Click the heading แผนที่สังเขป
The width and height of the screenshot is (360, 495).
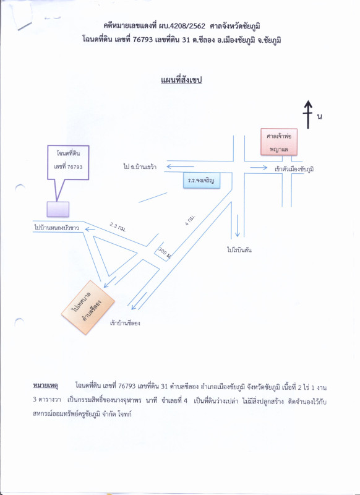pyautogui.click(x=181, y=80)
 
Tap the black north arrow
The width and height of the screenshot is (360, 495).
pyautogui.click(x=308, y=114)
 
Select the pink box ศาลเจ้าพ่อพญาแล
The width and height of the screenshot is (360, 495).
pyautogui.click(x=279, y=142)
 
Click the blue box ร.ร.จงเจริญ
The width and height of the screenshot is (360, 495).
pyautogui.click(x=202, y=181)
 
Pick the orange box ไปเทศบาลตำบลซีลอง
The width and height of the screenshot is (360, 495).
pyautogui.click(x=88, y=307)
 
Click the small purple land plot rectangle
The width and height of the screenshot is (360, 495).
pyautogui.click(x=58, y=209)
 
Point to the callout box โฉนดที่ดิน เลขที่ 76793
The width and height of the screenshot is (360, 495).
pyautogui.click(x=68, y=163)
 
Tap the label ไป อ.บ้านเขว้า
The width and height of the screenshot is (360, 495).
pyautogui.click(x=140, y=166)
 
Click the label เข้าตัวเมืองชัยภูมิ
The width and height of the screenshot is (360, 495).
pyautogui.click(x=294, y=169)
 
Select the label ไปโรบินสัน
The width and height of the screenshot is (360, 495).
pyautogui.click(x=239, y=250)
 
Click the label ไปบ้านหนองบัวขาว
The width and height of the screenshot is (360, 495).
pyautogui.click(x=56, y=227)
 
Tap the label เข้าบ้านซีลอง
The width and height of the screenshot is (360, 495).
pyautogui.click(x=125, y=323)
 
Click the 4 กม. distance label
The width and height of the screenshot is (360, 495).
pyautogui.click(x=190, y=220)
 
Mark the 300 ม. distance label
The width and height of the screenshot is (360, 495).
pyautogui.click(x=165, y=253)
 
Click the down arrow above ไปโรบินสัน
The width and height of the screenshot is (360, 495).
pyautogui.click(x=238, y=226)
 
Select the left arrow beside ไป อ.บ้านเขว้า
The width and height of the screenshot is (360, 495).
pyautogui.click(x=180, y=166)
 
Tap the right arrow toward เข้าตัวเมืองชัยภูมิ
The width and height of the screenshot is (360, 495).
pyautogui.click(x=259, y=167)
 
